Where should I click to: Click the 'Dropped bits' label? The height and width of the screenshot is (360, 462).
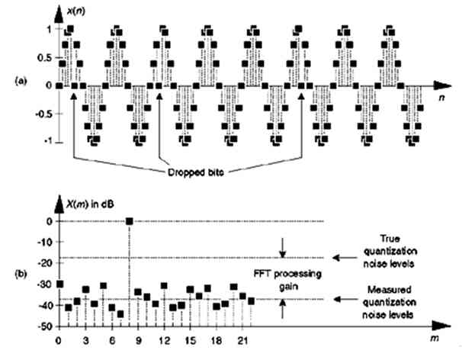[195, 172]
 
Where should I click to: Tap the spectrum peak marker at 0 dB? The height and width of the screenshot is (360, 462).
[129, 221]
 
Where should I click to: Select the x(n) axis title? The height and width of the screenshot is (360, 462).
[76, 11]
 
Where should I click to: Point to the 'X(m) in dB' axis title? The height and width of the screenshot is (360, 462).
[90, 204]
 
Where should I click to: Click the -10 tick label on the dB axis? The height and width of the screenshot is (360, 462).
[45, 242]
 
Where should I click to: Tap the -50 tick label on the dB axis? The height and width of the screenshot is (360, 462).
[45, 326]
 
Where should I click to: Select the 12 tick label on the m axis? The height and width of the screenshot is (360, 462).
[164, 341]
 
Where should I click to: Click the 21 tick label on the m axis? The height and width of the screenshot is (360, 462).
[242, 341]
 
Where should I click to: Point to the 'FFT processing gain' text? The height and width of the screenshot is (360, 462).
[288, 280]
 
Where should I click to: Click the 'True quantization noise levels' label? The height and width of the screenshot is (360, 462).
[390, 251]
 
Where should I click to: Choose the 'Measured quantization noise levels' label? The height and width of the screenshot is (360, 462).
[389, 302]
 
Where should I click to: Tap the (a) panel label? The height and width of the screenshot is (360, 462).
[21, 81]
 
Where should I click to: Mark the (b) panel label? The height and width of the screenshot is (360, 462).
[21, 274]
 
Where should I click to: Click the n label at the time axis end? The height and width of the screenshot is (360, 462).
[441, 98]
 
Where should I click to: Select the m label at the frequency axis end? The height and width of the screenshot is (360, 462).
[435, 338]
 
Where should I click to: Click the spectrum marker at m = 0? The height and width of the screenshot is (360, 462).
[59, 284]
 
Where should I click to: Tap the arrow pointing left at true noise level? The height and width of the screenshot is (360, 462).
[345, 258]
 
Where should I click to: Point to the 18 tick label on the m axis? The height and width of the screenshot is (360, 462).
[216, 341]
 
